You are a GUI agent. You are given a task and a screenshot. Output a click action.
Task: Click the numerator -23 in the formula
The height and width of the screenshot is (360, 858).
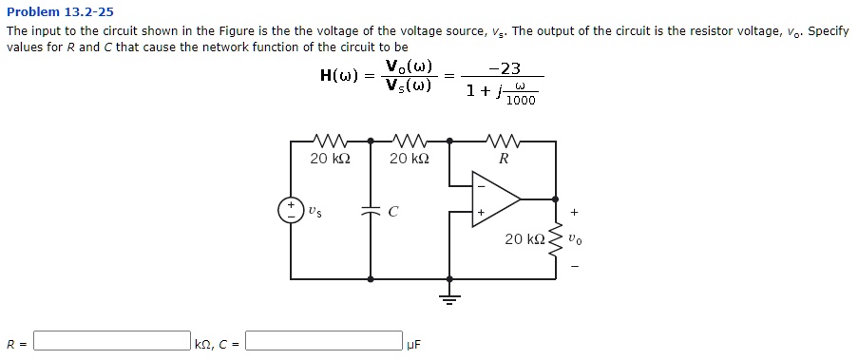pyautogui.click(x=504, y=68)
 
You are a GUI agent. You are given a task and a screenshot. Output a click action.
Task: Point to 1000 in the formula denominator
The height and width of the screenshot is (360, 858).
pyautogui.click(x=521, y=100)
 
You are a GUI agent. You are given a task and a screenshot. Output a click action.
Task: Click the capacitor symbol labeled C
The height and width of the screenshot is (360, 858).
pyautogui.click(x=370, y=212)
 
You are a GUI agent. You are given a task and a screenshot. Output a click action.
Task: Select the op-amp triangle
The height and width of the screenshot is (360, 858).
pyautogui.click(x=495, y=199)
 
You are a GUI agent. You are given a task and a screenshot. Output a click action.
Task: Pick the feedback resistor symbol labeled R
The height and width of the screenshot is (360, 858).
pyautogui.click(x=503, y=142)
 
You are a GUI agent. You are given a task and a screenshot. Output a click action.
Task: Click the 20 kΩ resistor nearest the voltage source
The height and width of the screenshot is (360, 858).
pyautogui.click(x=330, y=142)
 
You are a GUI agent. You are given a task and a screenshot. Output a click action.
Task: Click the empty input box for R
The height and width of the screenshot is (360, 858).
pyautogui.click(x=112, y=341)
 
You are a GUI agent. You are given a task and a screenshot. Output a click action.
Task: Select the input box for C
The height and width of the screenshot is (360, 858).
pyautogui.click(x=323, y=341)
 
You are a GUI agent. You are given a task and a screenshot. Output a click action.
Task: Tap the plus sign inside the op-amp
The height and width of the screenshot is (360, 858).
pyautogui.click(x=481, y=213)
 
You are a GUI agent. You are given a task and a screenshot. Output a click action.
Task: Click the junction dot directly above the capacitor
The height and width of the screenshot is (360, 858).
pyautogui.click(x=370, y=141)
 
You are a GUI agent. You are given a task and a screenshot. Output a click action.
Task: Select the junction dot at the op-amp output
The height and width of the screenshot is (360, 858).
pyautogui.click(x=557, y=199)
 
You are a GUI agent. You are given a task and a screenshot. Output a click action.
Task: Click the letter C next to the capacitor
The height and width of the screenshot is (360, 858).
pyautogui.click(x=392, y=212)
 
